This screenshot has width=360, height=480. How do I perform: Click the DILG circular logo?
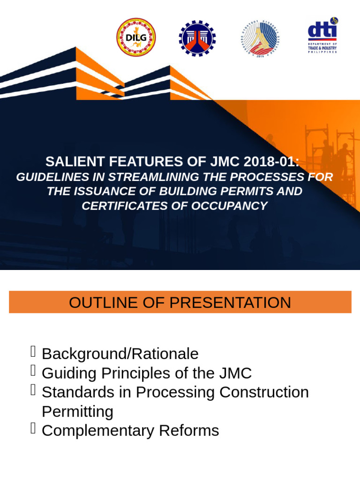pyautogui.click(x=136, y=37)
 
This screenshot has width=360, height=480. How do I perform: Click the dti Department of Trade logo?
pyautogui.click(x=322, y=36)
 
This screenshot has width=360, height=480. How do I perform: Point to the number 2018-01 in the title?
pyautogui.click(x=271, y=162)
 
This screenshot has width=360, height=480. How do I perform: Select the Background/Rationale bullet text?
pyautogui.click(x=120, y=354)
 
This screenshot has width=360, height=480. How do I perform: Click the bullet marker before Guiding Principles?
pyautogui.click(x=33, y=371)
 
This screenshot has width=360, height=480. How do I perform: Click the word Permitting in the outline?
pyautogui.click(x=77, y=412)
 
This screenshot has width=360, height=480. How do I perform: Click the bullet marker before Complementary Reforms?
pyautogui.click(x=33, y=428)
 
